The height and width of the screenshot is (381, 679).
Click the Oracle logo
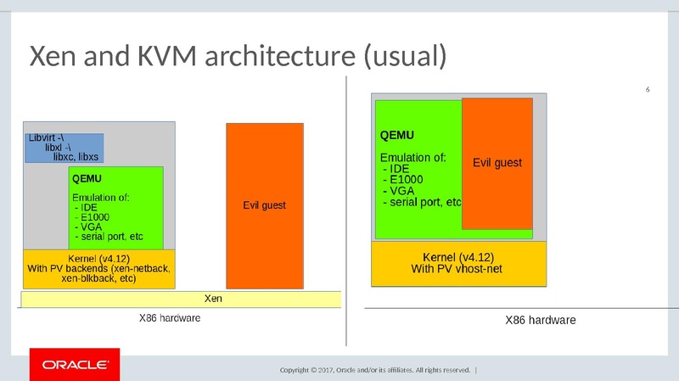coord(70,366)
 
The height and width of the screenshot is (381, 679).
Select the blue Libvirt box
coord(64,147)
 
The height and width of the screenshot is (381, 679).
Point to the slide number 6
coord(648,90)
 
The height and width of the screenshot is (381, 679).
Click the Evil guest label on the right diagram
coord(497,162)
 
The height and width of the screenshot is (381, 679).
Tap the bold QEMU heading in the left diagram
coord(87,179)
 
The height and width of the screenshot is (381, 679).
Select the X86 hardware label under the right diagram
coord(540,321)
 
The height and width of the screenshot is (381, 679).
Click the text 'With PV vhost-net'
coord(457,269)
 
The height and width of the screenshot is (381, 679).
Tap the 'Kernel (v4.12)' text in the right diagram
coord(457,256)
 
